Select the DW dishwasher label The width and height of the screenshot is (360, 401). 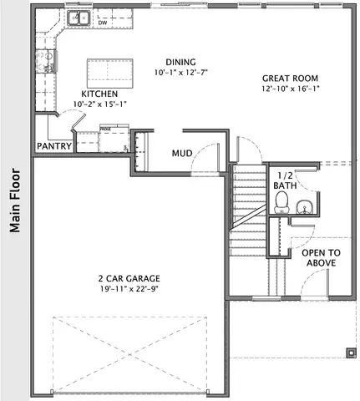[103, 23]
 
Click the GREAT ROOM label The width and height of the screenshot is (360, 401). [291, 77]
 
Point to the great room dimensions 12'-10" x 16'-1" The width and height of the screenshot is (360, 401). [291, 88]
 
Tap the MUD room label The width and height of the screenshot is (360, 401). [183, 154]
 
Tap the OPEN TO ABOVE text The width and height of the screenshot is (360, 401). [321, 257]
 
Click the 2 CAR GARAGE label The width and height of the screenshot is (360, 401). [128, 278]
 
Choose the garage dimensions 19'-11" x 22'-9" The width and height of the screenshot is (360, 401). [128, 289]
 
